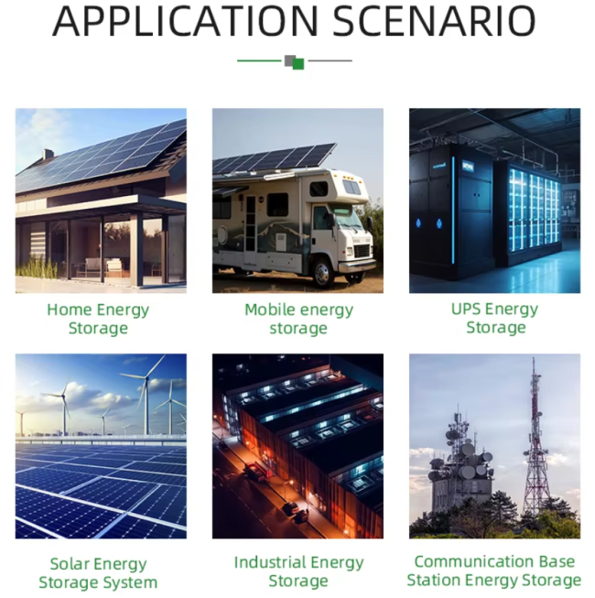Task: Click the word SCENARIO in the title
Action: coord(434,21)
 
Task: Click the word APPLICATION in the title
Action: coord(185,21)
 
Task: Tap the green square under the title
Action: coord(298,64)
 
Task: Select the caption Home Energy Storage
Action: coord(98,319)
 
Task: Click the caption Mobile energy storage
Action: coord(298,319)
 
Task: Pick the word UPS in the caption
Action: coord(465,309)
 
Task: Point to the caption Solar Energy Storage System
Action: coord(98,573)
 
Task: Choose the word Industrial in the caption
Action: coord(269,562)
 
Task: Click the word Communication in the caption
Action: coord(474,561)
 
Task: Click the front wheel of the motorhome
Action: coord(322,272)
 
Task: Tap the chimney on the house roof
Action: coord(48,154)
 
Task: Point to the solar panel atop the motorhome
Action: coord(274,158)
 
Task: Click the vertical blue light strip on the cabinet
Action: coord(453,210)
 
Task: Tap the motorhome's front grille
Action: coord(362,251)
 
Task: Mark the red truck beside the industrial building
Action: coord(254,472)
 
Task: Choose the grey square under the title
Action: coord(289,60)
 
